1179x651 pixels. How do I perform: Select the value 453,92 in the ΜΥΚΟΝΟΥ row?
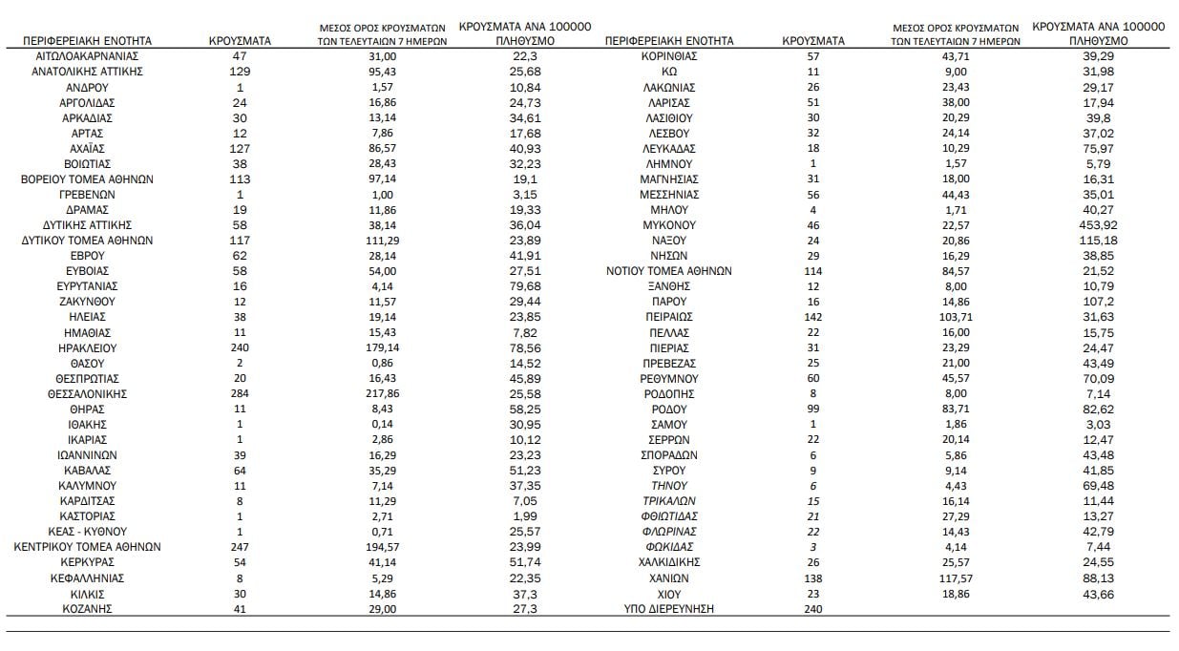pos(1099,225)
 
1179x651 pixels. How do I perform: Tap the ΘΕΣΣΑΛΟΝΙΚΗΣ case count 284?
pos(240,393)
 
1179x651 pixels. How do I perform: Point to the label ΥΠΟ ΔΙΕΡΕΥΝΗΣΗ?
pos(668,608)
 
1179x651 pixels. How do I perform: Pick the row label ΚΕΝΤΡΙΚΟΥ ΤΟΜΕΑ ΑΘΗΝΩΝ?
pos(87,547)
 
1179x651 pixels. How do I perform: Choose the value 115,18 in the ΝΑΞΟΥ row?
pos(1099,241)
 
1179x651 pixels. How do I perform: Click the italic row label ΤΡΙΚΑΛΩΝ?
pos(668,501)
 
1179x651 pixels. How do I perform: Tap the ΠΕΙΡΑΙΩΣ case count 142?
pos(812,317)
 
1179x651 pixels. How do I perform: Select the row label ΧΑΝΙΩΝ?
pos(668,577)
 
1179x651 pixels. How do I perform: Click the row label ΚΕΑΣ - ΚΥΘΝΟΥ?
pos(87,532)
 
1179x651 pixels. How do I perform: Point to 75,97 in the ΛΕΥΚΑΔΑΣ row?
pos(1099,148)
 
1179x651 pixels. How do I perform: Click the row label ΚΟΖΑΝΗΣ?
pos(87,608)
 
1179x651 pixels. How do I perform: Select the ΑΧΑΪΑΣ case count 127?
pos(240,148)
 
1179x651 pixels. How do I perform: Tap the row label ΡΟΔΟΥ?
pos(668,409)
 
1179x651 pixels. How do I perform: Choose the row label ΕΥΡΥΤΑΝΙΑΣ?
pos(87,286)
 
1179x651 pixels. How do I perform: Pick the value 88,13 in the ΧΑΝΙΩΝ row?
pos(1099,577)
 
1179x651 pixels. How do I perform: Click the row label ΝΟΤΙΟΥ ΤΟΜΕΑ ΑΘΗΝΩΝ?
pos(668,271)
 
